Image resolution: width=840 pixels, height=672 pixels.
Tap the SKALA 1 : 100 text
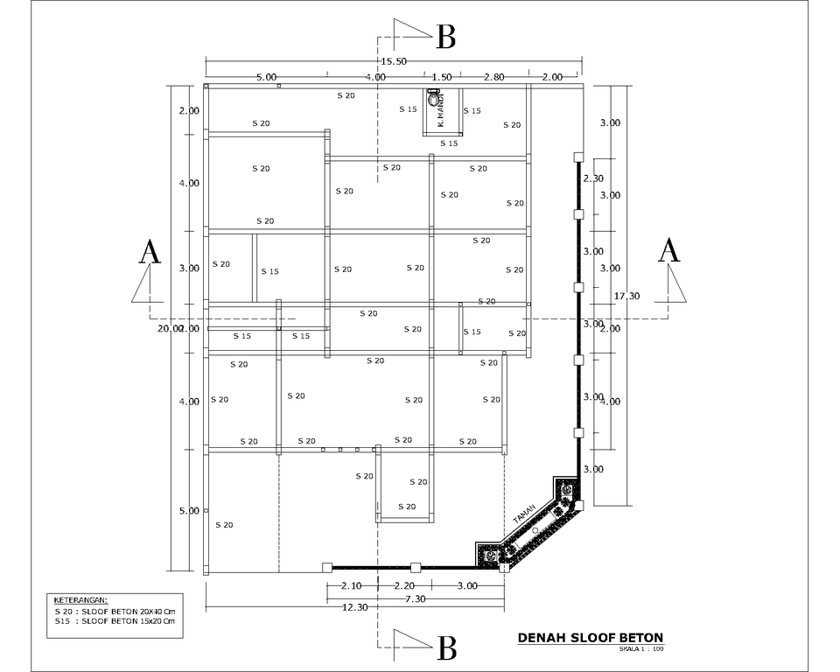pyautogui.click(x=641, y=649)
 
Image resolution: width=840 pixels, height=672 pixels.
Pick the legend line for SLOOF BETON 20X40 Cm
pyautogui.click(x=115, y=611)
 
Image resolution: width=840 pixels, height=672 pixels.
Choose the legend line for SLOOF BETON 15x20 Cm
pyautogui.click(x=115, y=621)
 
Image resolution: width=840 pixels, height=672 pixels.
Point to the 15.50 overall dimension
pyautogui.click(x=394, y=61)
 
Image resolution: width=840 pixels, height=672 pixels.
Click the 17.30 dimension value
pyautogui.click(x=626, y=296)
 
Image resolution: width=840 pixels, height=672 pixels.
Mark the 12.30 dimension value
pyautogui.click(x=354, y=607)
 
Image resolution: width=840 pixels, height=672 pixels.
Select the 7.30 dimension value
pyautogui.click(x=415, y=598)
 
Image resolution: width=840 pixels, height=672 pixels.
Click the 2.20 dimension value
pyautogui.click(x=404, y=585)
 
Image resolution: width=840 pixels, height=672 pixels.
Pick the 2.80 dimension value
pyautogui.click(x=493, y=77)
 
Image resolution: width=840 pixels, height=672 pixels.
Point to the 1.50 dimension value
pyautogui.click(x=442, y=77)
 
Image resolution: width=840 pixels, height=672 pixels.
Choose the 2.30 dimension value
pyautogui.click(x=593, y=178)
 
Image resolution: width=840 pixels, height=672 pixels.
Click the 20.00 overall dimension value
pyautogui.click(x=170, y=328)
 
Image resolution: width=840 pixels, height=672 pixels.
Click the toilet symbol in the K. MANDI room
pyautogui.click(x=432, y=98)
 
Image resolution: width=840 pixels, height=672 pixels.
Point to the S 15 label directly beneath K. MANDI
pyautogui.click(x=449, y=143)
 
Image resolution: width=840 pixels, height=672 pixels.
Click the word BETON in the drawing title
pyautogui.click(x=632, y=638)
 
